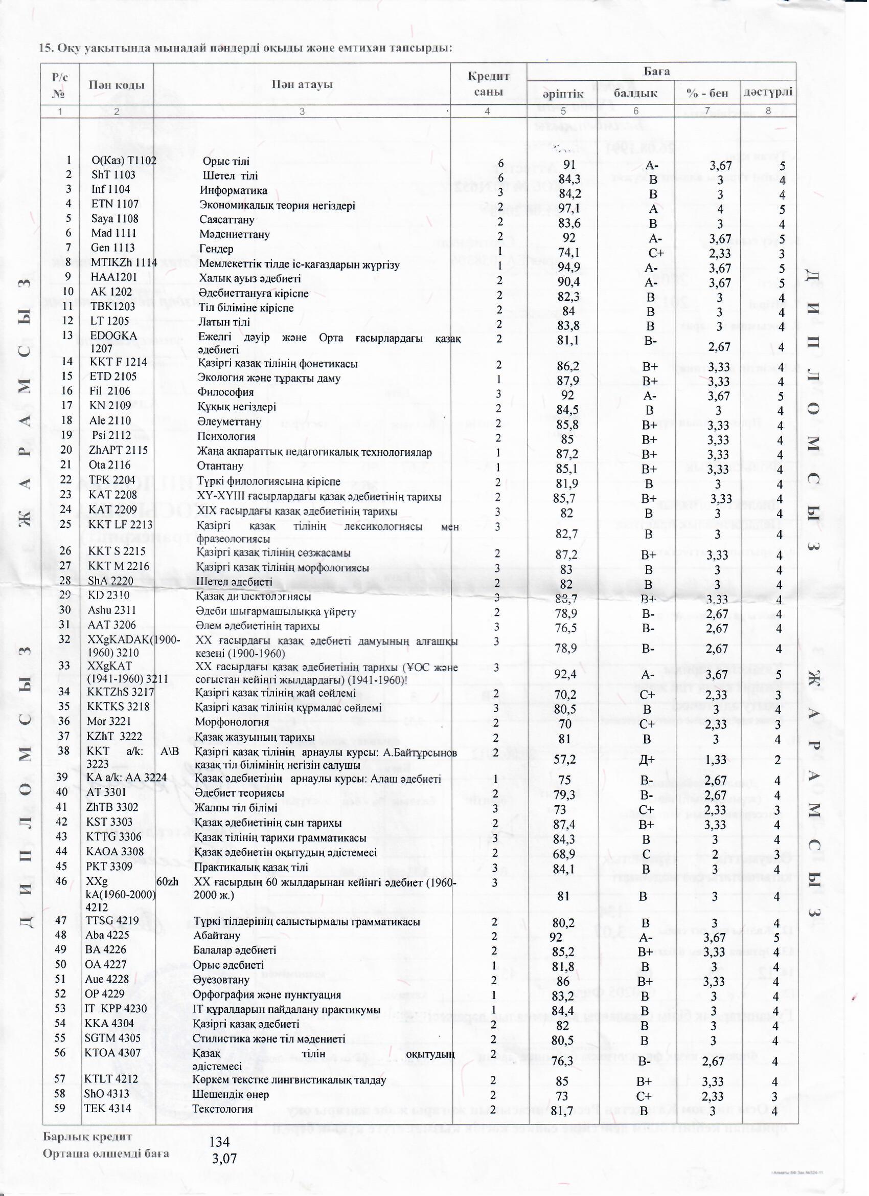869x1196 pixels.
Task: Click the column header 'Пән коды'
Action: [x=117, y=85]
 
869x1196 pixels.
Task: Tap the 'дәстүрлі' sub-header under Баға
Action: [x=767, y=92]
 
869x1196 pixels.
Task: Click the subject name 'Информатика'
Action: [x=233, y=190]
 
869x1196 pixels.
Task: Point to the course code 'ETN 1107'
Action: [x=115, y=204]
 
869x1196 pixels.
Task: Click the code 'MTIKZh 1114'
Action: [x=124, y=262]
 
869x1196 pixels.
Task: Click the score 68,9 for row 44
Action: [x=564, y=853]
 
